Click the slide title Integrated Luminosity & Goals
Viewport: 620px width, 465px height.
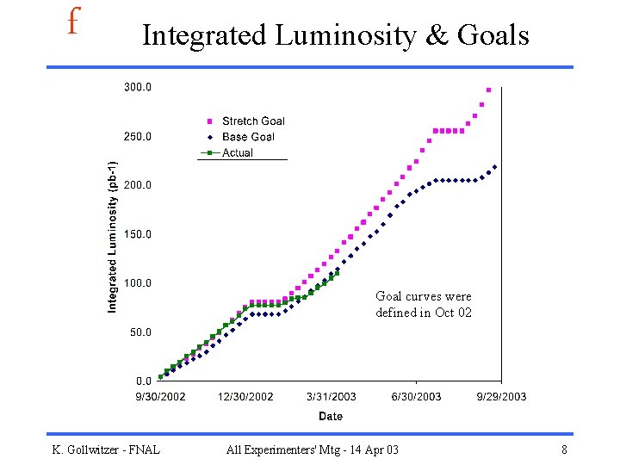click(335, 35)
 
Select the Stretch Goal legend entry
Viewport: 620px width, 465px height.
click(252, 121)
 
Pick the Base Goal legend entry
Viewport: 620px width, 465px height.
click(248, 137)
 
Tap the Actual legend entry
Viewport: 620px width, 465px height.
click(237, 152)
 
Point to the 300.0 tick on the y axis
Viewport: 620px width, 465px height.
click(138, 87)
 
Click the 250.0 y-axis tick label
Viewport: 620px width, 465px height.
click(138, 136)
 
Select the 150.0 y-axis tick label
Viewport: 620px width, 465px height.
click(138, 233)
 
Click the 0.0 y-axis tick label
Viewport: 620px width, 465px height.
click(143, 380)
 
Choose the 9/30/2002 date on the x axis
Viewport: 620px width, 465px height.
click(160, 396)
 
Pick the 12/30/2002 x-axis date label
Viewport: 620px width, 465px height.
click(245, 396)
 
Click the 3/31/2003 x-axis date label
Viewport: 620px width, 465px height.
click(331, 396)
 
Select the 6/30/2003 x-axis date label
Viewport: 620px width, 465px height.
click(416, 396)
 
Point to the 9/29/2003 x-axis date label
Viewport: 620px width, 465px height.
click(501, 396)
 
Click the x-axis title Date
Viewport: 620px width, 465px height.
click(331, 416)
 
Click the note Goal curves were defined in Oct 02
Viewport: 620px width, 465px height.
click(424, 304)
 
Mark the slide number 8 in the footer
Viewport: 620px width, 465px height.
click(564, 449)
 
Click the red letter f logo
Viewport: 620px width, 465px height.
click(73, 22)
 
